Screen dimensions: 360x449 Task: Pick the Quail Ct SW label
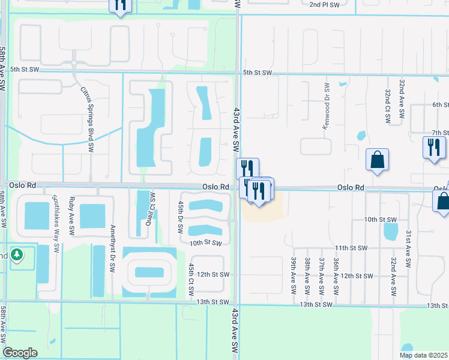[x=152, y=207]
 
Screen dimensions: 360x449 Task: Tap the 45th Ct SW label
[x=191, y=278]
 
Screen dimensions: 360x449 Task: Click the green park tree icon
[x=17, y=255]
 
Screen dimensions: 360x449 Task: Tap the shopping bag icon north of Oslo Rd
[x=377, y=160]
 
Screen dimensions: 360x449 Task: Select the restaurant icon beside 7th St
[x=434, y=148]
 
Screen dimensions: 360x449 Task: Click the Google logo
[x=20, y=353]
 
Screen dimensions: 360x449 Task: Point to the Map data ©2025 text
[x=423, y=355]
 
